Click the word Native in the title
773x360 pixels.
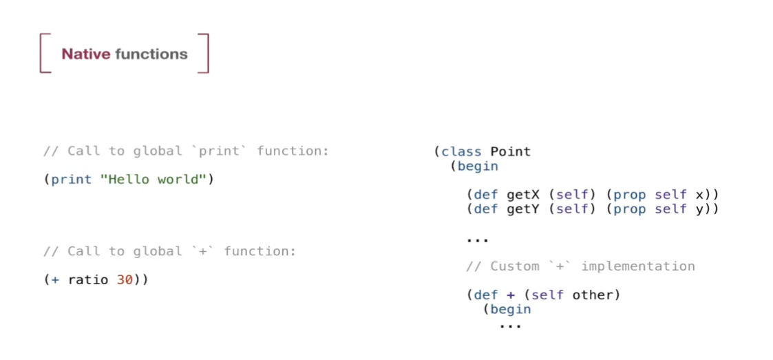point(86,54)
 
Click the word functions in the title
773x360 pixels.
point(151,54)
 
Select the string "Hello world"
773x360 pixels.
point(153,179)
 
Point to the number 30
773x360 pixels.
point(125,280)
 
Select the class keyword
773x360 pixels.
point(462,151)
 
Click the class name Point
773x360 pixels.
point(510,151)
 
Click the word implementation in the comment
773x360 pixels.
point(638,267)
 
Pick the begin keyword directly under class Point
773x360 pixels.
point(478,167)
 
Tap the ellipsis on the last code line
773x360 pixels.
point(510,326)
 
